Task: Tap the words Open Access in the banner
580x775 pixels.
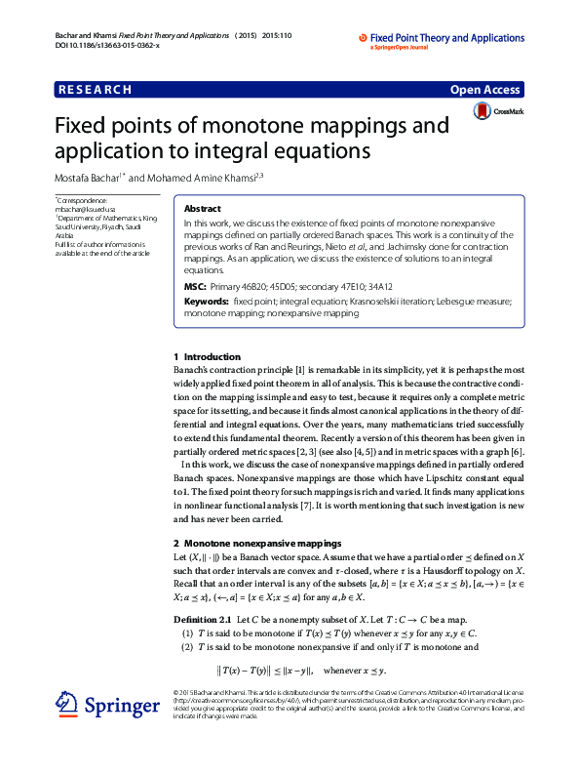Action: pos(484,90)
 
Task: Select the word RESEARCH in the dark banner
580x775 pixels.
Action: pos(96,90)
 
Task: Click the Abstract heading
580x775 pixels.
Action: pos(202,209)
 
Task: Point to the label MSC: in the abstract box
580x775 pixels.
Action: pos(194,287)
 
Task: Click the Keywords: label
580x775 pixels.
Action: pos(206,303)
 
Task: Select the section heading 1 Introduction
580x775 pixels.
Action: pos(207,357)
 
